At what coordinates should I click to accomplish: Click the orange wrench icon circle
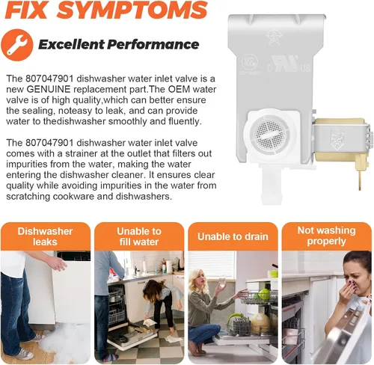click(17, 45)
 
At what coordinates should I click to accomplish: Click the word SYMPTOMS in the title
click(134, 10)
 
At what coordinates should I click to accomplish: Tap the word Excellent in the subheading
click(71, 45)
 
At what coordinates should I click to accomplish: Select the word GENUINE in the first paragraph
click(48, 89)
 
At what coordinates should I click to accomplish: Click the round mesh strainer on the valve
click(269, 134)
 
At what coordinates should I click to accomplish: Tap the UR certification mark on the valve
click(285, 63)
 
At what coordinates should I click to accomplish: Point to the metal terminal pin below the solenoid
click(360, 180)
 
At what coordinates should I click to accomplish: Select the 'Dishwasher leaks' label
click(45, 236)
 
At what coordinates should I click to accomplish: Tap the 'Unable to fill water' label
click(139, 236)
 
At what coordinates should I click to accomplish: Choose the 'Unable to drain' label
click(233, 236)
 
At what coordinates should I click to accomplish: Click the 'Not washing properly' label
click(326, 236)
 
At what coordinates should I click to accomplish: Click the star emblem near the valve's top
click(273, 37)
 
